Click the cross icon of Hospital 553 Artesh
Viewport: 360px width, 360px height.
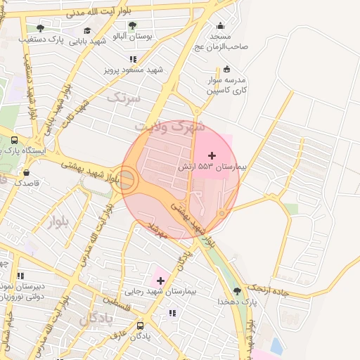(212, 155)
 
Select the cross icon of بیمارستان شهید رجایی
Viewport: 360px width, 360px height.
(161, 281)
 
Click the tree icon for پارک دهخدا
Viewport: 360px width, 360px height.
(237, 290)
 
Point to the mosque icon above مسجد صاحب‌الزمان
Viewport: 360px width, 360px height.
(220, 26)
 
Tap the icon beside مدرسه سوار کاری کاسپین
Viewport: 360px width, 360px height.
(226, 69)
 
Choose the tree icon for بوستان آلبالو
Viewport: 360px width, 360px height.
(132, 26)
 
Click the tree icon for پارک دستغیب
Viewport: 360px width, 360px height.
(40, 29)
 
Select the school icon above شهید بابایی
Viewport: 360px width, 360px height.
(87, 31)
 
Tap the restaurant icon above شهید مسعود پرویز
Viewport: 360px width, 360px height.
(133, 60)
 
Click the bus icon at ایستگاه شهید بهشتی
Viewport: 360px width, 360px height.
(15, 141)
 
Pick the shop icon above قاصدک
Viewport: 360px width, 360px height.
(26, 172)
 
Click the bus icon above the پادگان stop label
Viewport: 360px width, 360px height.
(140, 326)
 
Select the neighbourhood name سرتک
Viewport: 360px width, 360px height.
(123, 98)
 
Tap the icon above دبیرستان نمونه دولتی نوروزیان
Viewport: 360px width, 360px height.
(20, 276)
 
